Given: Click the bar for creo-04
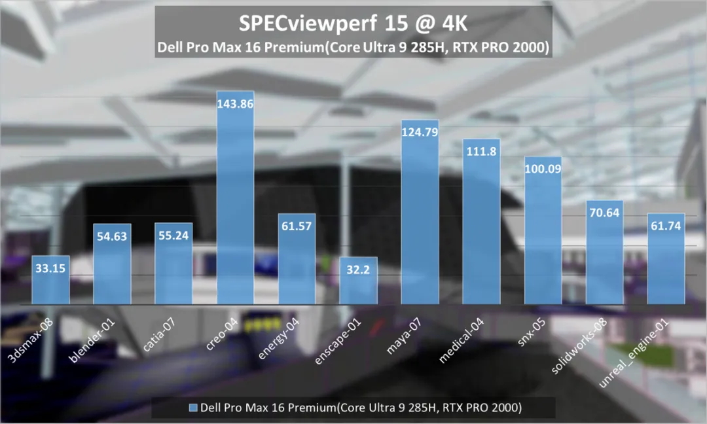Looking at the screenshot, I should point(235,209).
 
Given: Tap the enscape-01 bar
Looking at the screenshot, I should point(358,288).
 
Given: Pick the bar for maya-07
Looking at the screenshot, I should point(420,222).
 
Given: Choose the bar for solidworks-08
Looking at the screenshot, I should point(604,262).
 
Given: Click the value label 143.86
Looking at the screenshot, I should point(235,103).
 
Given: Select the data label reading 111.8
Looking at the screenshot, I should point(481,152).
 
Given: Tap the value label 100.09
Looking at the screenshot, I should point(543,169).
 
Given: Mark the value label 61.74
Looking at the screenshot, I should point(666,226).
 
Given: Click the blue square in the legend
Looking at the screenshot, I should point(192,408).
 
